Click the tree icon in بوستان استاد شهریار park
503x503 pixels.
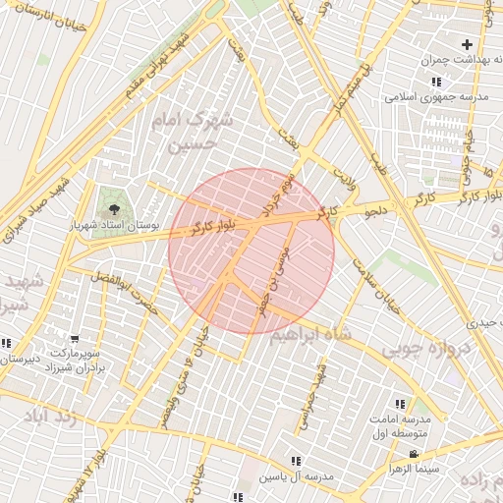[115, 209]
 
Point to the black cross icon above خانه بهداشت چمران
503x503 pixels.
[467, 44]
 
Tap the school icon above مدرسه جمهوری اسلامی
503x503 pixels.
[435, 83]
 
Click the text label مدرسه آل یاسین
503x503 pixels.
[296, 476]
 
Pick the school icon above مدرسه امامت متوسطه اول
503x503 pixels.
[399, 404]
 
